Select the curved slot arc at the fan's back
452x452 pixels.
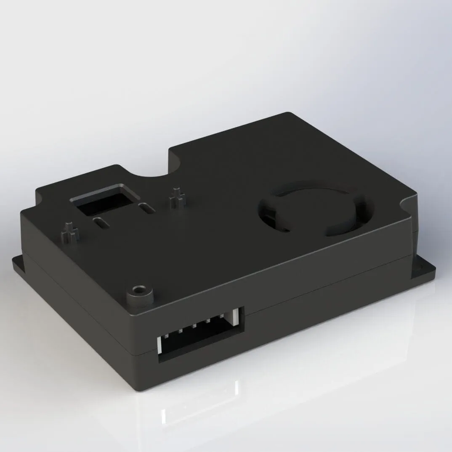(311, 189)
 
